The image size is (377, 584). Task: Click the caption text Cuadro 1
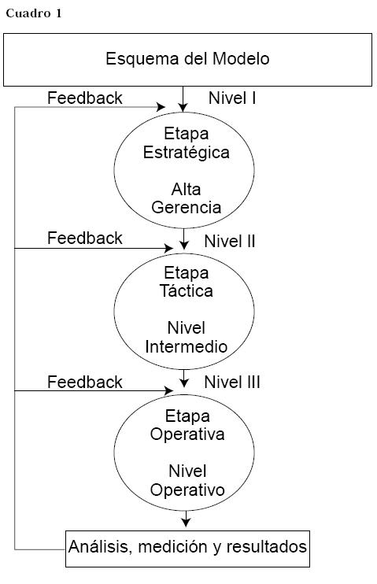33,13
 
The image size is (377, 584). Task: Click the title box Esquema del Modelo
187,59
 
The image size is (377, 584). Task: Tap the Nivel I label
232,98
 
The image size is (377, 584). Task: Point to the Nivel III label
232,383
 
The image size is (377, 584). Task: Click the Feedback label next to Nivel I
85,98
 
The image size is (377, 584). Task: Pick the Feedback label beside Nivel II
85,238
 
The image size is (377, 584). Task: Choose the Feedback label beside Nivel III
85,383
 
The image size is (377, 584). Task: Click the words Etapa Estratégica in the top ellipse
186,143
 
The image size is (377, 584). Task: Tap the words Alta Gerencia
186,198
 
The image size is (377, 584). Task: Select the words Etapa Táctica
186,282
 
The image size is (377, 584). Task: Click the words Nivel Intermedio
186,337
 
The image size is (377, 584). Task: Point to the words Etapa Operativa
186,425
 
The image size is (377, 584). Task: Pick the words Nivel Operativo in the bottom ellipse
187,480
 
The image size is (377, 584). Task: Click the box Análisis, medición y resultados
187,546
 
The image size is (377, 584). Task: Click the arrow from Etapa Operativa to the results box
186,519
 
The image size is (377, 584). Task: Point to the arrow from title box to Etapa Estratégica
183,98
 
